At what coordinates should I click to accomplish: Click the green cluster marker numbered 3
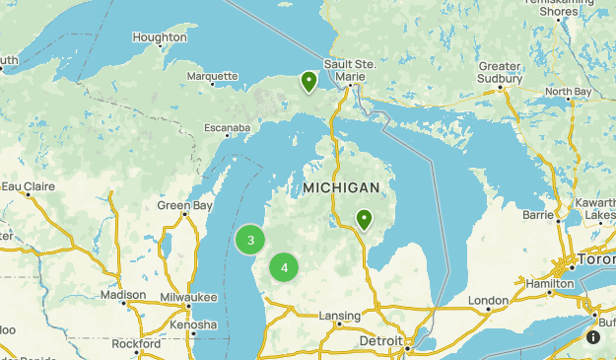click(251, 240)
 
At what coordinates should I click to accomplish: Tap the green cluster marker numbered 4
click(284, 266)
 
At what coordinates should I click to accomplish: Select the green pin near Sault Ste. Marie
click(309, 81)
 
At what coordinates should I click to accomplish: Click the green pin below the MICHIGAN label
click(364, 219)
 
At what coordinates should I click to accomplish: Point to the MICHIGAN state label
click(341, 187)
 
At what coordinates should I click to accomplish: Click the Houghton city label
click(159, 37)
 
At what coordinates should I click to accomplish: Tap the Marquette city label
click(212, 76)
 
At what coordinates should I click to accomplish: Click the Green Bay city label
click(184, 206)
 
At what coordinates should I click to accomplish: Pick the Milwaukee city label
click(188, 297)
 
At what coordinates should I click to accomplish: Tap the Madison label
click(123, 295)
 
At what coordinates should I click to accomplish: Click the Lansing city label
click(339, 316)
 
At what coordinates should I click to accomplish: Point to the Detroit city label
click(380, 340)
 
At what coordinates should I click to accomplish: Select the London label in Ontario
click(488, 300)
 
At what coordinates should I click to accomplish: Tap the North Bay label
click(569, 92)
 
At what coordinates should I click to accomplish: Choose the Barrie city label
click(538, 213)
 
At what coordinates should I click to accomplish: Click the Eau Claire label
click(28, 185)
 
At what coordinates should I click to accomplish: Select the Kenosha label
click(192, 324)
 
